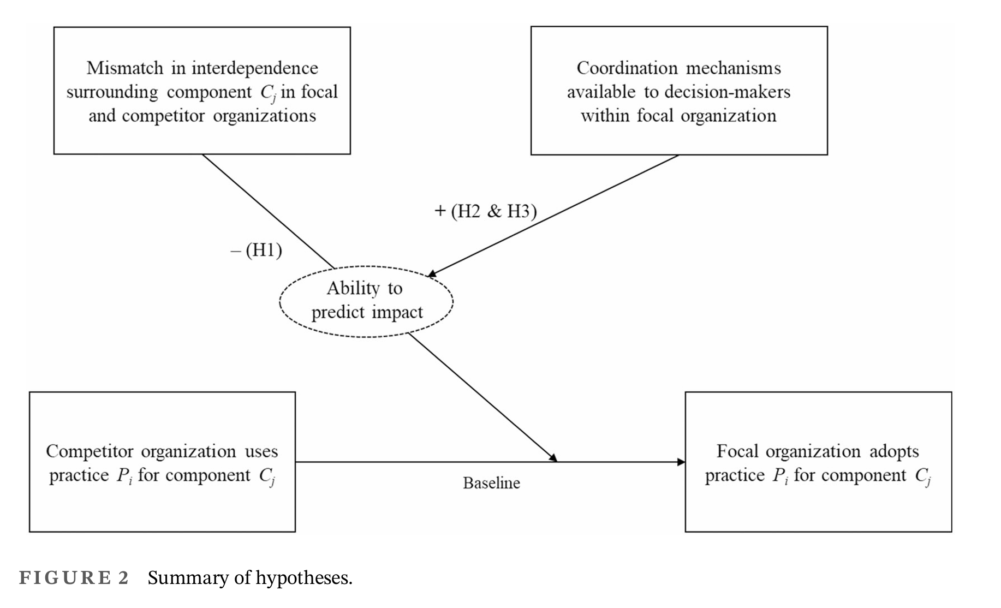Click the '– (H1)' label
pos(257,251)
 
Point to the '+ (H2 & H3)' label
pos(486,211)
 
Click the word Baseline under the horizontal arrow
pos(491,483)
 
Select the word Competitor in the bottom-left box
pos(90,451)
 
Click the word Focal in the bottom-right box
pos(737,451)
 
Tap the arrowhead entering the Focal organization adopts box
pos(681,462)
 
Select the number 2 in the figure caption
pos(123,578)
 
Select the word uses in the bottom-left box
pos(261,451)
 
